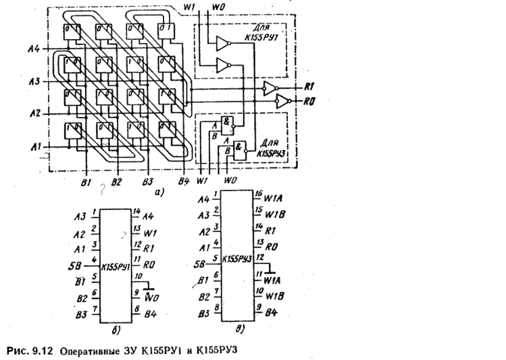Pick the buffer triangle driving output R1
click(269, 88)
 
